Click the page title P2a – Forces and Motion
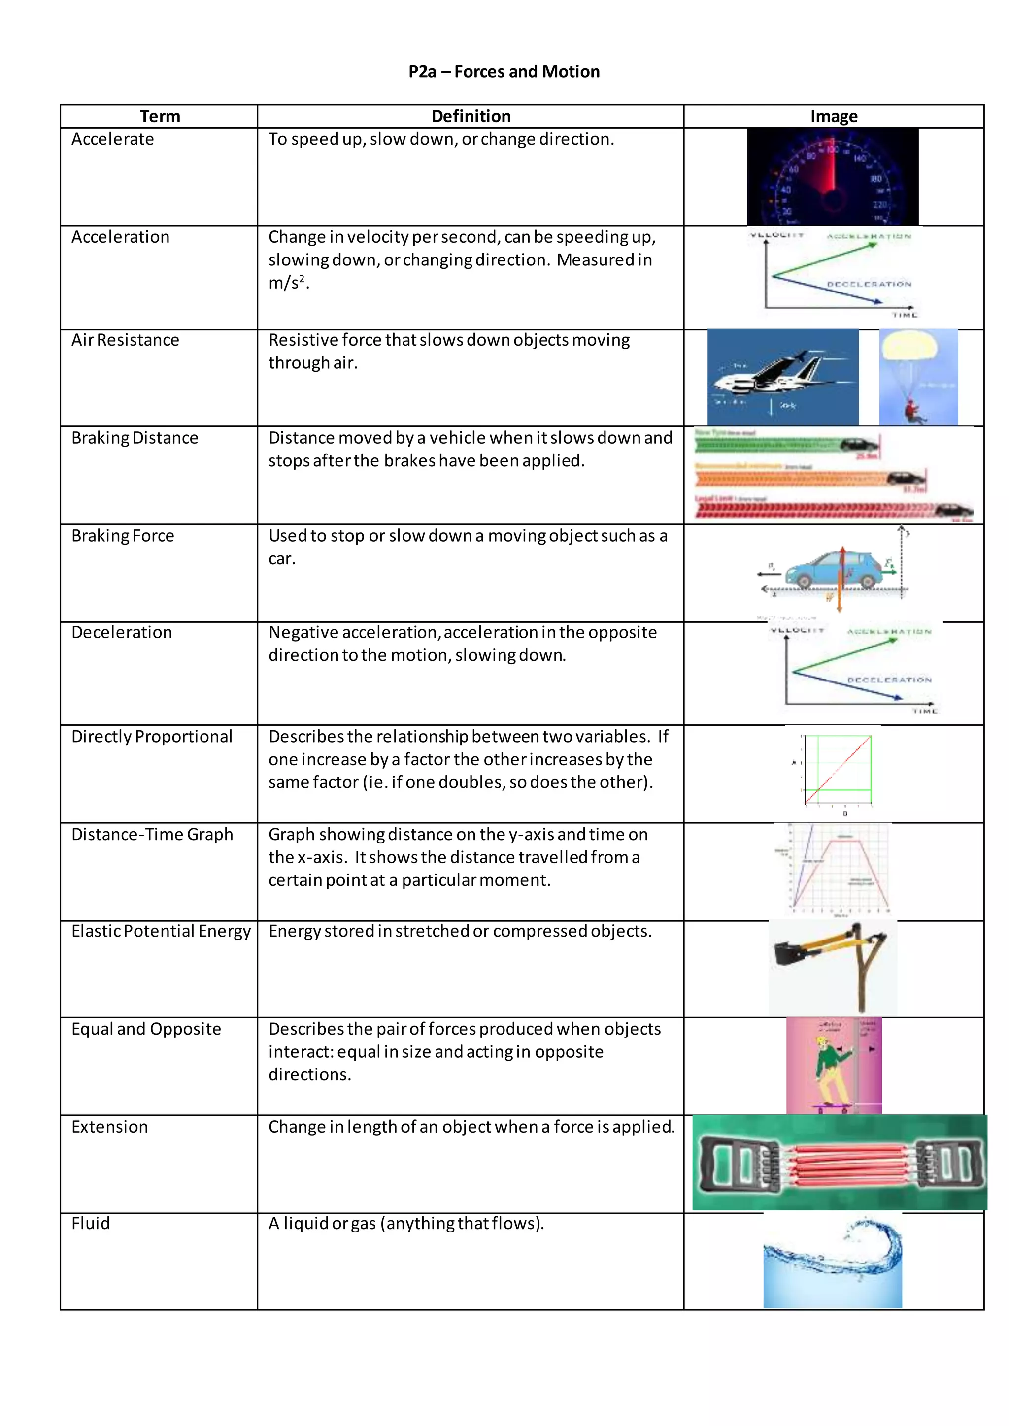point(504,72)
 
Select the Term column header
point(160,116)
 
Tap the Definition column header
point(471,116)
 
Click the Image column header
point(834,116)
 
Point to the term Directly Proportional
point(152,736)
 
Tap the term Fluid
point(91,1223)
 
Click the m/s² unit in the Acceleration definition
point(288,283)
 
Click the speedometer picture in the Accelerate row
point(833,176)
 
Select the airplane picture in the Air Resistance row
point(783,378)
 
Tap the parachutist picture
point(918,378)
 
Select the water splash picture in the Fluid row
point(833,1261)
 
